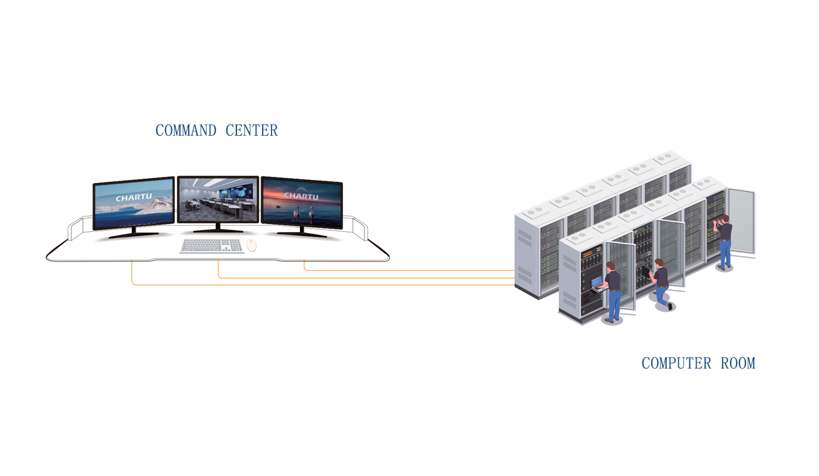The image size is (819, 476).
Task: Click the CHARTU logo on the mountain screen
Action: pyautogui.click(x=134, y=197)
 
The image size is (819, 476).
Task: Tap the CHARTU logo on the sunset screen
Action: pyautogui.click(x=301, y=196)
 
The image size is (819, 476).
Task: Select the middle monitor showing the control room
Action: pyautogui.click(x=218, y=200)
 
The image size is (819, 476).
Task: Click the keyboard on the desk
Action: pyautogui.click(x=212, y=245)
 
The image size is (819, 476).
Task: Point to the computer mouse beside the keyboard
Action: pyautogui.click(x=251, y=245)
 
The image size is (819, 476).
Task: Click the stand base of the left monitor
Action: pyautogui.click(x=134, y=235)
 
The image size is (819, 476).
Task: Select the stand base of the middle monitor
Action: pyautogui.click(x=218, y=230)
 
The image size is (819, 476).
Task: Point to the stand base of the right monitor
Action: pyautogui.click(x=302, y=234)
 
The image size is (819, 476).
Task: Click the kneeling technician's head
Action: pyautogui.click(x=659, y=263)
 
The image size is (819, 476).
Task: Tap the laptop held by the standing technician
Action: pyautogui.click(x=596, y=282)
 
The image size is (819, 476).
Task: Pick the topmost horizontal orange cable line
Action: pyautogui.click(x=412, y=270)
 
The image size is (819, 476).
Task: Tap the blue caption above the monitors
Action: pyautogui.click(x=216, y=130)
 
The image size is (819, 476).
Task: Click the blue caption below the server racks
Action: pyautogui.click(x=698, y=363)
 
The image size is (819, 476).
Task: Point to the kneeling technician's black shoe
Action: pyautogui.click(x=670, y=306)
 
